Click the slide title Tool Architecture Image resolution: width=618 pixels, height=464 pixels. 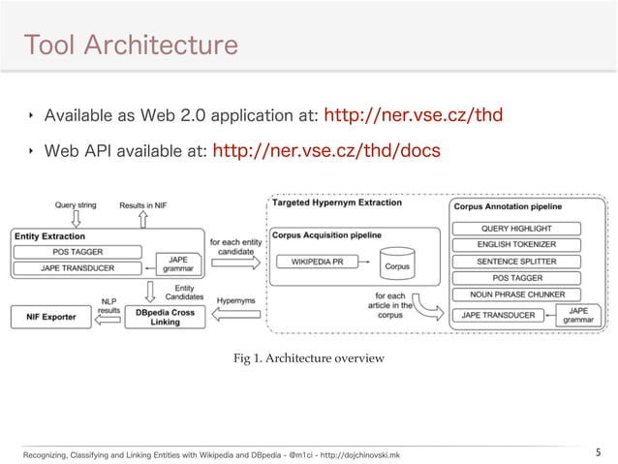pyautogui.click(x=130, y=45)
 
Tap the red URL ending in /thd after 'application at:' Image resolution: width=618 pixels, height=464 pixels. pyautogui.click(x=412, y=117)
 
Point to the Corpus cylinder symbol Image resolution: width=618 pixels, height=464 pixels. pyautogui.click(x=396, y=260)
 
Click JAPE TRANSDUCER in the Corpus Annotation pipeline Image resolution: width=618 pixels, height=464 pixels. pyautogui.click(x=500, y=314)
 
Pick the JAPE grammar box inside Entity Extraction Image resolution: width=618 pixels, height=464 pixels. pyautogui.click(x=178, y=264)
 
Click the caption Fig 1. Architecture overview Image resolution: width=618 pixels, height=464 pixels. pyautogui.click(x=309, y=358)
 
